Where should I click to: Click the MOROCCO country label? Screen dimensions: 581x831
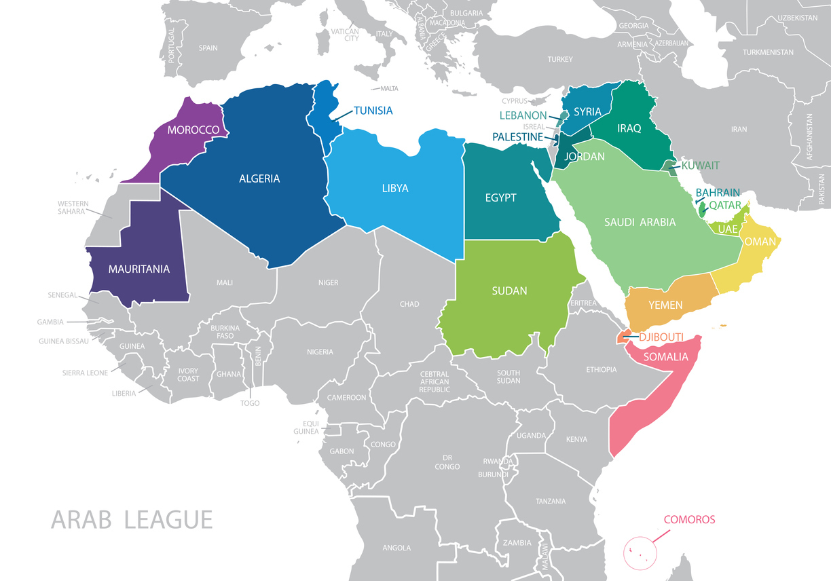193,130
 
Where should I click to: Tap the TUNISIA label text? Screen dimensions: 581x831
373,111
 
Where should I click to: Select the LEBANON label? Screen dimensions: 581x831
523,115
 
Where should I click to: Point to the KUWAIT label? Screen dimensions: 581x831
701,166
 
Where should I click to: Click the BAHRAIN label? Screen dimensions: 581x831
718,193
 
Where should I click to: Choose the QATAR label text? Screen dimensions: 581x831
725,206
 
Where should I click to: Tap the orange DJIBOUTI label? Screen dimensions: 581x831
661,337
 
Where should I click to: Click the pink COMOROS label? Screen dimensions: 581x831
689,520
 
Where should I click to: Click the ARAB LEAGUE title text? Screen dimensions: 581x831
132,520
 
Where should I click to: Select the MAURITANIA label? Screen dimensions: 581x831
138,269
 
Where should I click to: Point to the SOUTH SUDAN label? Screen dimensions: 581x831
509,377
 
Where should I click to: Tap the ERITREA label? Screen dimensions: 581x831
583,303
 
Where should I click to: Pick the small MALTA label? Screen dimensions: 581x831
389,89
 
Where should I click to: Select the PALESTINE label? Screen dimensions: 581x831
517,137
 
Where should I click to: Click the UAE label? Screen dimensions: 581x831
727,229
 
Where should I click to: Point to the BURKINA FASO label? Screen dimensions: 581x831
225,332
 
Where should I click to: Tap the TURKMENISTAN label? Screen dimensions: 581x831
768,52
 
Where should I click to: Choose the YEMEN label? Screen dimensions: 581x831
665,305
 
